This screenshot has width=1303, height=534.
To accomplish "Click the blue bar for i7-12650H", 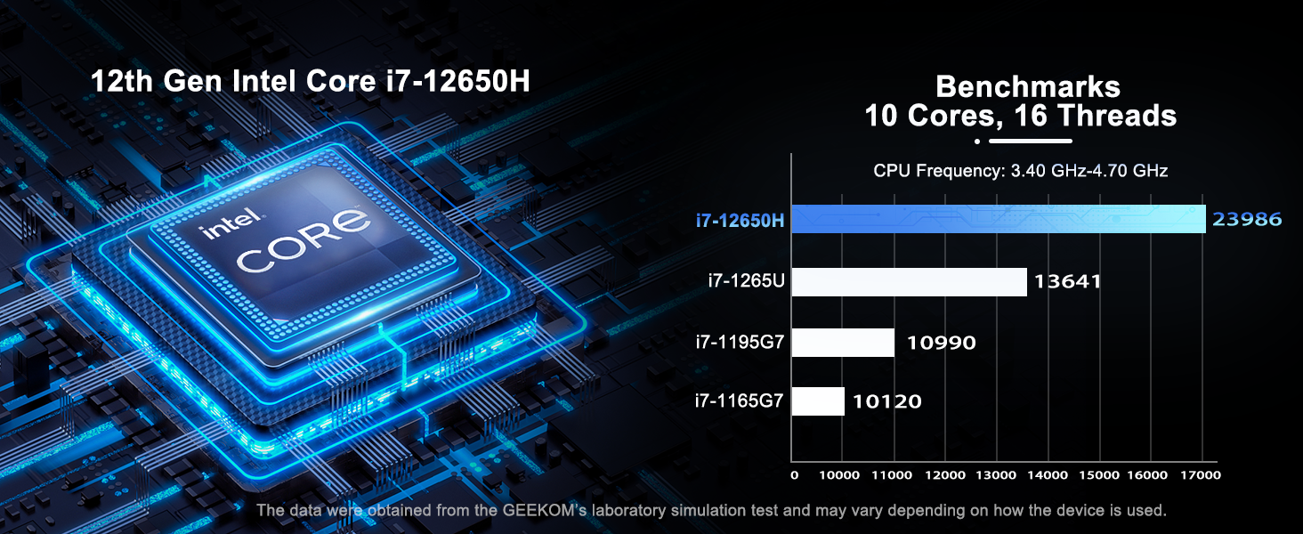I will pos(998,219).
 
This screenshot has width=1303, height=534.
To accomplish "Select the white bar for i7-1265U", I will pos(909,282).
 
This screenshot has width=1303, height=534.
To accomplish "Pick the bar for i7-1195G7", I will pos(843,343).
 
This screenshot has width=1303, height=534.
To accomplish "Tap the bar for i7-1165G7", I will pos(818,401).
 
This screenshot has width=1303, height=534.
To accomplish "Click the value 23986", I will pos(1247,219).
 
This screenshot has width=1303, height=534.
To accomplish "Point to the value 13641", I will pos(1067,282).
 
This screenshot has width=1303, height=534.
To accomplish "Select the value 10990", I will pos(941,343).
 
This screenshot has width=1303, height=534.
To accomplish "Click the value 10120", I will pos(886,401).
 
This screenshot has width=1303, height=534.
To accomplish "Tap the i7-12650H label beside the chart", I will pos(741,220).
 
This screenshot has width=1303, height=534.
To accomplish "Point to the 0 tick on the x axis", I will pos(795,476).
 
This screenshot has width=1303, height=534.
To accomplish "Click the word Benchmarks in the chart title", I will pos(1028,87).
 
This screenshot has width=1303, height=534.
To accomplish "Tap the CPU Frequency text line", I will pos(1020,171).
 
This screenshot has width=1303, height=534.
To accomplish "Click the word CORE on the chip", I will pos(303,242).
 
